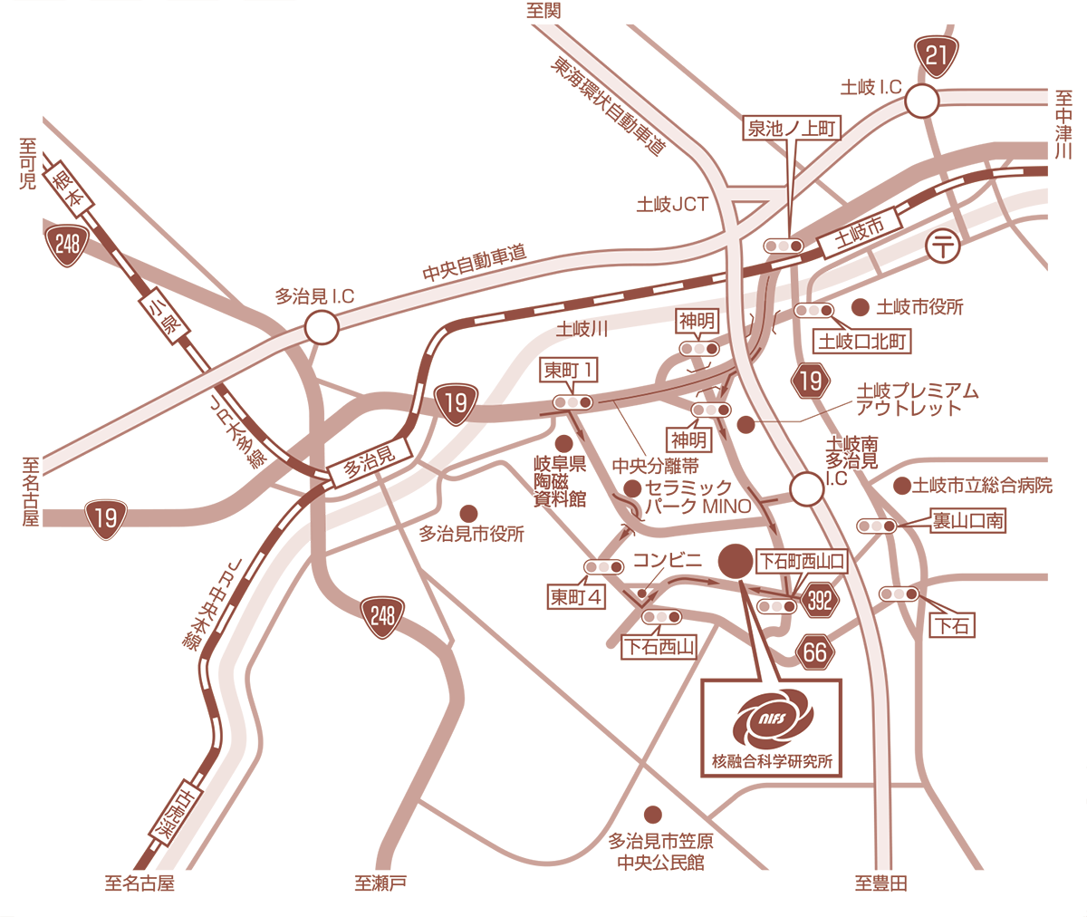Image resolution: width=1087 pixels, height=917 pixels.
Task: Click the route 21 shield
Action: (x=936, y=57)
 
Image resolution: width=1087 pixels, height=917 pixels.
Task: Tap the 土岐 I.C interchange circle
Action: (x=922, y=101)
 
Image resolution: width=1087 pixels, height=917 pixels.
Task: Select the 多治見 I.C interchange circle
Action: (x=322, y=327)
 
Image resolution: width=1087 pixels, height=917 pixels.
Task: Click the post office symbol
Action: (x=943, y=246)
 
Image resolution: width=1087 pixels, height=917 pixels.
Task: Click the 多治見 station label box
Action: (x=370, y=462)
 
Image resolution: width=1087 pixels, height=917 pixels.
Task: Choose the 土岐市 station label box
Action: (x=859, y=232)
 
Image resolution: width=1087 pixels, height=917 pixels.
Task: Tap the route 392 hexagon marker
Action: (x=820, y=601)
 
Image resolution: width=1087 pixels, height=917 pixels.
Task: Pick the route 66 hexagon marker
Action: (x=814, y=652)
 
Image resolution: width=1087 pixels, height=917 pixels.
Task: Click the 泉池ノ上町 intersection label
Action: (x=792, y=128)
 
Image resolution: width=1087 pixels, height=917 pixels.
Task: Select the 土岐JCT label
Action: (x=672, y=204)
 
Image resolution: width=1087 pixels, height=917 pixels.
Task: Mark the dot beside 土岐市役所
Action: (x=861, y=306)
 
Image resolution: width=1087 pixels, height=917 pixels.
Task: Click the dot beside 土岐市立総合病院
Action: (x=901, y=486)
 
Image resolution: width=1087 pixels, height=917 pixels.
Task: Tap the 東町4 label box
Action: (x=576, y=597)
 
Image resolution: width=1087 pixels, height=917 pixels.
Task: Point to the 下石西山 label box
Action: (x=659, y=647)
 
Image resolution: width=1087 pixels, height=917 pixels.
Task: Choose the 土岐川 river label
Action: (x=582, y=329)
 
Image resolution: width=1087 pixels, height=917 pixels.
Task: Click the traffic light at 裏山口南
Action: (x=877, y=526)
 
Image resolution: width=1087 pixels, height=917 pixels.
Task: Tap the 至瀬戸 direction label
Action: (x=380, y=883)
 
